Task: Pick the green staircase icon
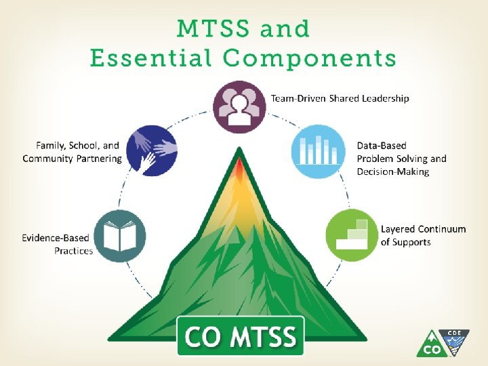tap(352, 234)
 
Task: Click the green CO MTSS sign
tap(241, 335)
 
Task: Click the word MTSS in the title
tap(212, 29)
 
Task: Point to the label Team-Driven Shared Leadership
tap(340, 98)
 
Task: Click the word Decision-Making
tap(393, 172)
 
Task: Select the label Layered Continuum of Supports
tap(423, 235)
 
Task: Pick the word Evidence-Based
tap(57, 238)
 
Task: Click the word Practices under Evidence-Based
tap(73, 251)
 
